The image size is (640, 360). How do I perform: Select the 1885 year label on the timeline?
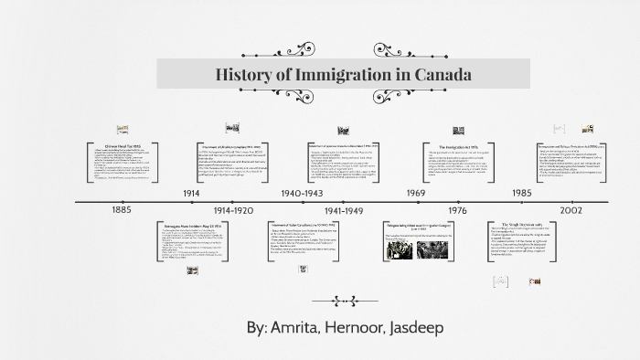pos(122,209)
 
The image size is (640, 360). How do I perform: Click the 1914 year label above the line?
pos(191,194)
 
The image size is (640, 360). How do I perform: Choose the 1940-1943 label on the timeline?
pos(302,194)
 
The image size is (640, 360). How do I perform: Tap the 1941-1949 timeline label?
pos(344,209)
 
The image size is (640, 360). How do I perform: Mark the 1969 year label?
pos(416,194)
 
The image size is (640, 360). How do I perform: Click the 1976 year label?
pos(457,209)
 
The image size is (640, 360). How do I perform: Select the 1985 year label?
pos(522,194)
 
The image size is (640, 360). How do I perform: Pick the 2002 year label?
pos(572,209)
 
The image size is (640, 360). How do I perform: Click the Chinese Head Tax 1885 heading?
pos(123,146)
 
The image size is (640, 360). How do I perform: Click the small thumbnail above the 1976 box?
pos(458,131)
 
